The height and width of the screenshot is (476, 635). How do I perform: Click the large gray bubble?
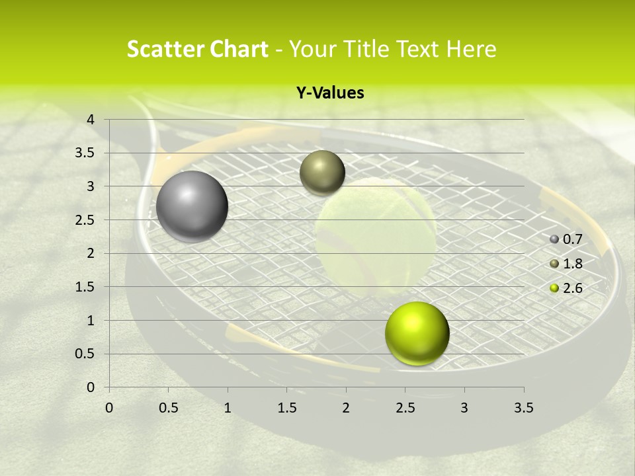point(192,206)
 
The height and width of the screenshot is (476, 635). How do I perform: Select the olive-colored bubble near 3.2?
point(322,173)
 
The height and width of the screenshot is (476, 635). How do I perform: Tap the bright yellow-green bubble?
point(417,333)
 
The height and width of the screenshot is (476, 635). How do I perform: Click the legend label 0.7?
point(572,239)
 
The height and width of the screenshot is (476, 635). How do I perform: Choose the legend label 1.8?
point(572,264)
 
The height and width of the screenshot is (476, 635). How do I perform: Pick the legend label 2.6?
point(572,288)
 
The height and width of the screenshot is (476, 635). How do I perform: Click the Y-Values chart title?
point(329,93)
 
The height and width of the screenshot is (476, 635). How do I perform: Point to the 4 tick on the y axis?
point(91,120)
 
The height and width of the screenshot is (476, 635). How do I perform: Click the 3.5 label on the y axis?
point(85,153)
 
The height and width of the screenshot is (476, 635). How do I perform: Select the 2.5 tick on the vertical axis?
point(85,220)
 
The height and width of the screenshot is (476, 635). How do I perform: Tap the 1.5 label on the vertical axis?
point(85,287)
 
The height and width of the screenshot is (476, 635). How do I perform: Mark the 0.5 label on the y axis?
point(85,354)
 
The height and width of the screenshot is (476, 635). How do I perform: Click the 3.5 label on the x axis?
point(523,408)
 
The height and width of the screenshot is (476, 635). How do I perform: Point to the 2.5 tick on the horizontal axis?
point(405,408)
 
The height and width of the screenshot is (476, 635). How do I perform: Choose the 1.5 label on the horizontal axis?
point(286,408)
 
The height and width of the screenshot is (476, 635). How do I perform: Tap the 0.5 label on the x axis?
point(169,408)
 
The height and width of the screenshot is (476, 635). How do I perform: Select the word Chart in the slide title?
point(236,49)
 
